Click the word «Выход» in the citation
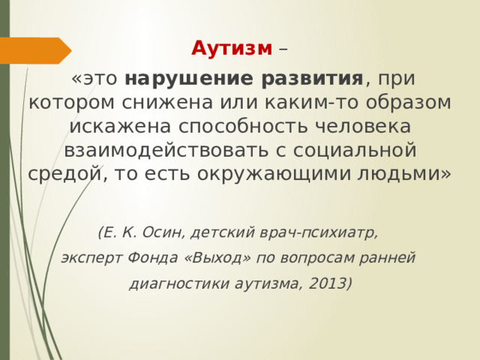click(213, 257)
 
